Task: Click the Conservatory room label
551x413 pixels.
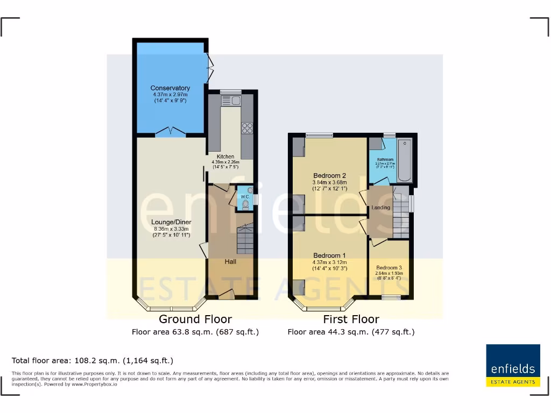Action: click(170, 88)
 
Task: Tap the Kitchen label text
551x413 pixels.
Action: click(225, 156)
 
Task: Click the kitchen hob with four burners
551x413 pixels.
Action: click(248, 128)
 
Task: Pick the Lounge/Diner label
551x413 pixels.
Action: click(171, 222)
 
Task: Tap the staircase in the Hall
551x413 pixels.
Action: click(245, 239)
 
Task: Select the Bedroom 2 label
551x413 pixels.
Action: click(329, 176)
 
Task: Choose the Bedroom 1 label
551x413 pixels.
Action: click(329, 255)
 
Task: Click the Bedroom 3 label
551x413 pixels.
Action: click(388, 268)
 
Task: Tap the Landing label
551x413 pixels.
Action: click(381, 208)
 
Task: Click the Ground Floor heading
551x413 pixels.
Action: click(195, 319)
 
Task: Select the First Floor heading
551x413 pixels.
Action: click(351, 319)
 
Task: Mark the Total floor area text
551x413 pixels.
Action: click(93, 360)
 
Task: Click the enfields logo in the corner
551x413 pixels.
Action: click(513, 365)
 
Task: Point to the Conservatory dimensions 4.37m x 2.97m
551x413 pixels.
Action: click(170, 95)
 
